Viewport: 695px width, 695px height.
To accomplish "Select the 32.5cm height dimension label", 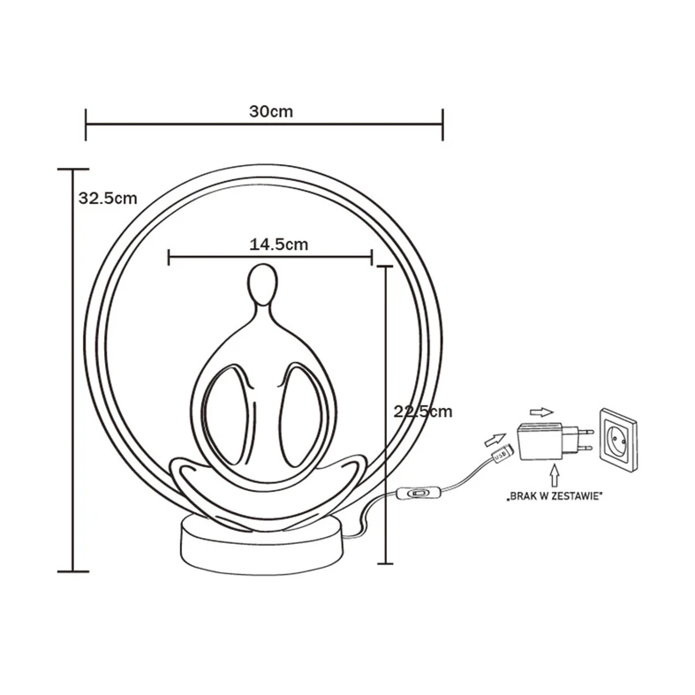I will click(107, 198).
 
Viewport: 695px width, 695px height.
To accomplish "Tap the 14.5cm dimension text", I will click(278, 245).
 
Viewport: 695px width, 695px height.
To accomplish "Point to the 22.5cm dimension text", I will click(421, 412).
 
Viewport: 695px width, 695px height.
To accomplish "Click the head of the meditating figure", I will click(261, 283).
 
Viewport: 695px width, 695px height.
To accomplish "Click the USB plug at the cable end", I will click(502, 456).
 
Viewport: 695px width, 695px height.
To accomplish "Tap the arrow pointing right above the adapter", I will click(540, 411).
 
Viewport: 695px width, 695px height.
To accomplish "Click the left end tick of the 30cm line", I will click(86, 125).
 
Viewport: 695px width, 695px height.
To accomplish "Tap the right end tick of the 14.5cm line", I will click(372, 258).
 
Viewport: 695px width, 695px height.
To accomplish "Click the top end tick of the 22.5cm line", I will click(385, 265).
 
